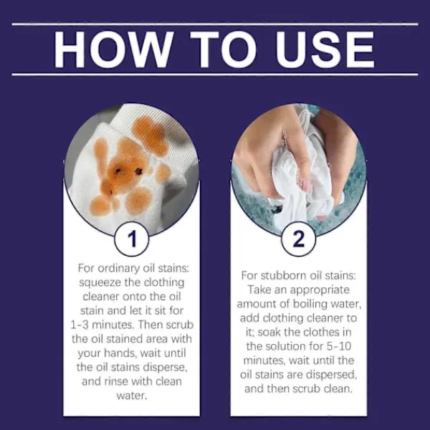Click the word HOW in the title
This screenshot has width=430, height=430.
pyautogui.click(x=113, y=49)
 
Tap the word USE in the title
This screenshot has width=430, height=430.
pyautogui.click(x=325, y=49)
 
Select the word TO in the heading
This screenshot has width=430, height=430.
pyautogui.click(x=224, y=49)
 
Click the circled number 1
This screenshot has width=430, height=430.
pyautogui.click(x=132, y=239)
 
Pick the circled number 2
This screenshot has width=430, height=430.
pyautogui.click(x=298, y=239)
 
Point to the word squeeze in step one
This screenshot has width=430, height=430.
pyautogui.click(x=100, y=283)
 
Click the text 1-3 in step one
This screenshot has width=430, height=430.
pyautogui.click(x=80, y=325)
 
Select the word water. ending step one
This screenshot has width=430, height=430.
pyautogui.click(x=132, y=396)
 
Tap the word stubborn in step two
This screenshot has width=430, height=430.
pyautogui.click(x=284, y=275)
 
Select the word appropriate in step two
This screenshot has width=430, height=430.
pyautogui.click(x=320, y=290)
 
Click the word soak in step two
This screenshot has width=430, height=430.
pyautogui.click(x=269, y=333)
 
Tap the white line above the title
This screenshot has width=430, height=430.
pyautogui.click(x=215, y=24)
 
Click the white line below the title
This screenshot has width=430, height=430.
pyautogui.click(x=215, y=75)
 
